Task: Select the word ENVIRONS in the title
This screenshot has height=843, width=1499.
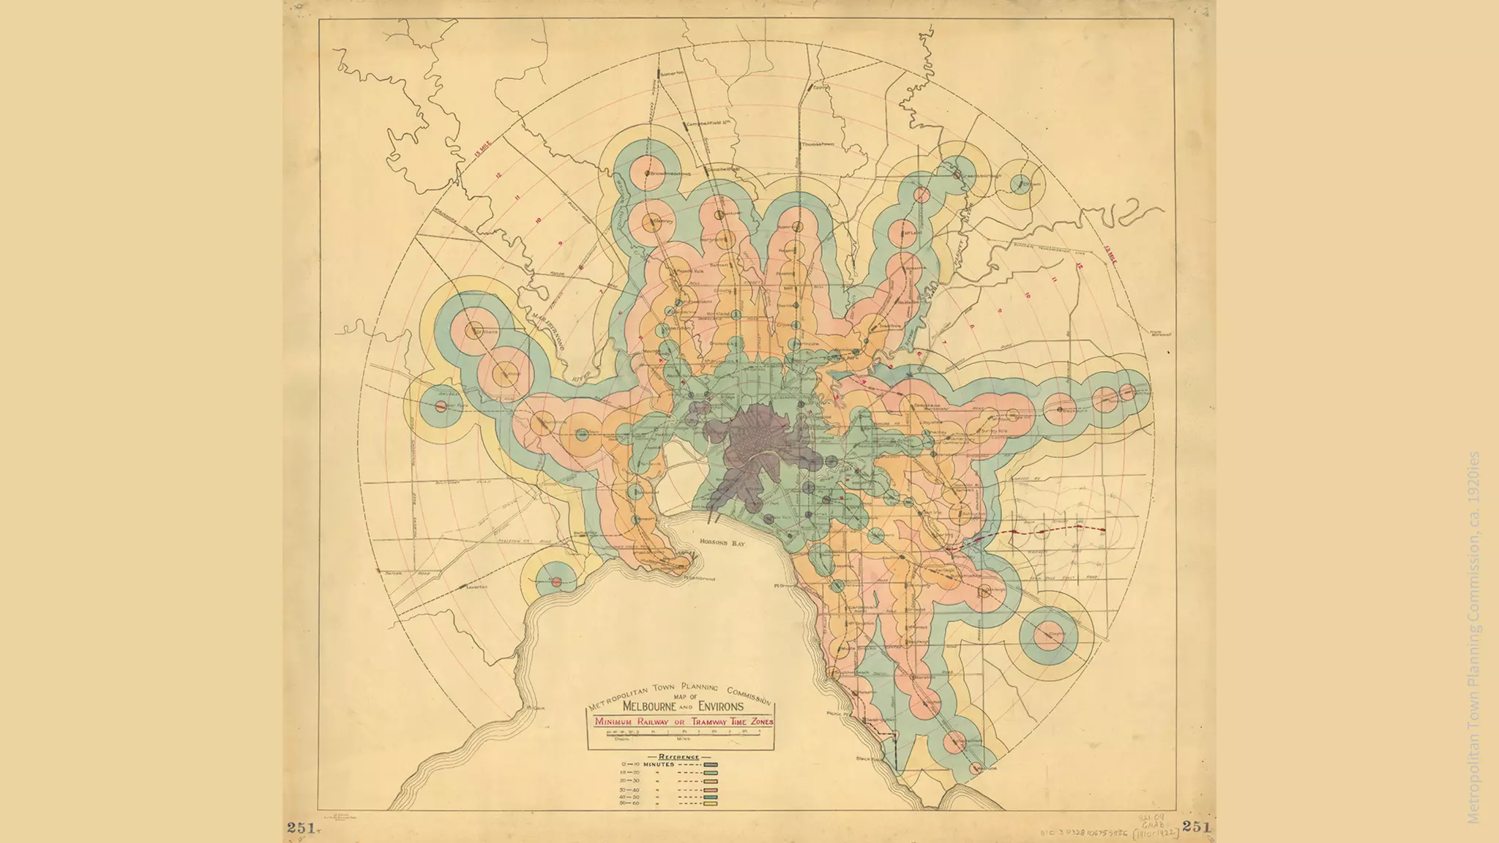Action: [x=721, y=706]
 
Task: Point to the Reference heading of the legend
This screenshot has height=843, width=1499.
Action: [x=679, y=757]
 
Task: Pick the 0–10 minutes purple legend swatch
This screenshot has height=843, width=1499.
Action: [x=711, y=765]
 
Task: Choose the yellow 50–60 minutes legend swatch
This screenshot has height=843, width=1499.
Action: [x=711, y=803]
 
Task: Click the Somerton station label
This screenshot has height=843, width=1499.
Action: [x=670, y=74]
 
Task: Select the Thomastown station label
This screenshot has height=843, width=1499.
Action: [x=818, y=145]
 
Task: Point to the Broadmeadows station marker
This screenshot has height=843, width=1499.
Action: [x=648, y=174]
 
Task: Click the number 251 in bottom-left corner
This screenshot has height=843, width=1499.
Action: [x=301, y=827]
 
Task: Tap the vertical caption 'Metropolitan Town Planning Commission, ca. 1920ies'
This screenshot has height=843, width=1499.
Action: [x=1473, y=637]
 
